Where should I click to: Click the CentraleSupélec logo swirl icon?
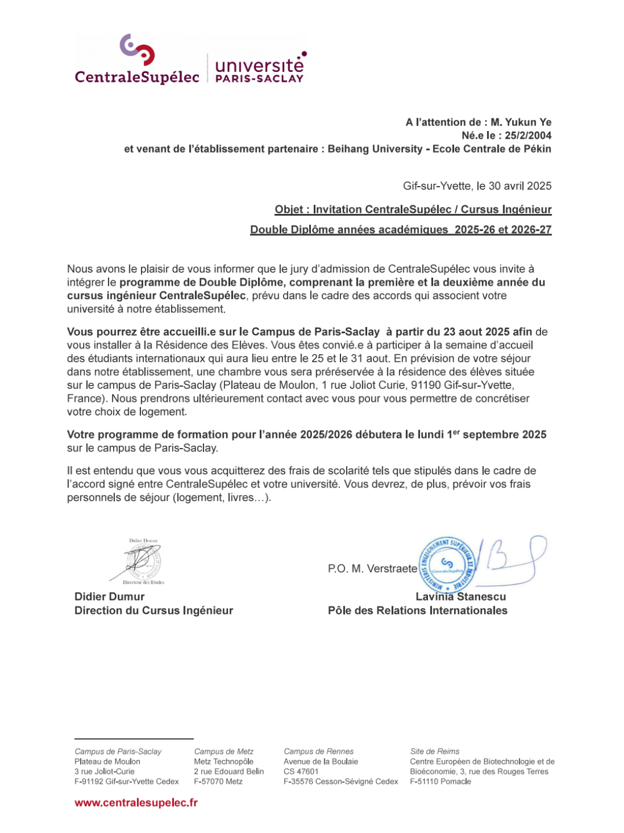(x=137, y=49)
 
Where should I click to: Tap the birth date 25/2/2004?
(x=528, y=136)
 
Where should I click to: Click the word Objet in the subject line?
(x=289, y=210)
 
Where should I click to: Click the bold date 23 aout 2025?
(x=476, y=332)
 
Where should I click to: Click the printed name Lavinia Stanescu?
(x=460, y=596)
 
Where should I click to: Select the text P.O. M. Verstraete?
(x=372, y=569)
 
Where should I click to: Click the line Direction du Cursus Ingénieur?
(x=154, y=610)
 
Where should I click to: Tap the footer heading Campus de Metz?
(x=224, y=751)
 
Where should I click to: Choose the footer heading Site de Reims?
(x=434, y=751)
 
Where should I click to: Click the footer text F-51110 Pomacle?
(x=440, y=781)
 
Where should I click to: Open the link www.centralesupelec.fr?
(x=136, y=803)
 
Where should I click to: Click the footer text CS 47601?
(x=301, y=772)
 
